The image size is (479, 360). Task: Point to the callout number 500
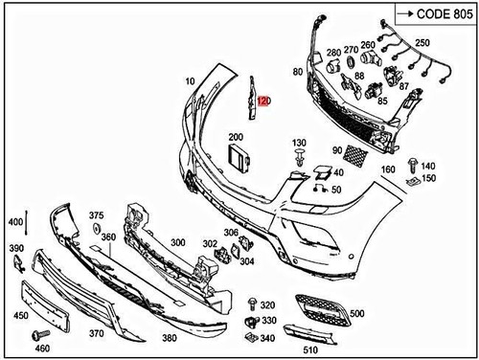[x=357, y=312]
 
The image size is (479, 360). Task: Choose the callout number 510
[x=309, y=350]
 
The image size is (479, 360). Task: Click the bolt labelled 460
[x=38, y=334]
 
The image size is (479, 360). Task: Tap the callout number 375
[x=96, y=216]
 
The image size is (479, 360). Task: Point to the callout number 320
[x=267, y=304]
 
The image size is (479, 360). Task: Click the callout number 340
[x=267, y=337]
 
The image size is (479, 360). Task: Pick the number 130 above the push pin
[x=299, y=143]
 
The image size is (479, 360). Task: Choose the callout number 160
[x=388, y=169]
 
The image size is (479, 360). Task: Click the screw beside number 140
[x=413, y=164]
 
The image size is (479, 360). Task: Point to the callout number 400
[x=14, y=222]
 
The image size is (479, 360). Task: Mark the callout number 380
[x=169, y=339]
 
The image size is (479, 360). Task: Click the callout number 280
[x=333, y=52]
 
